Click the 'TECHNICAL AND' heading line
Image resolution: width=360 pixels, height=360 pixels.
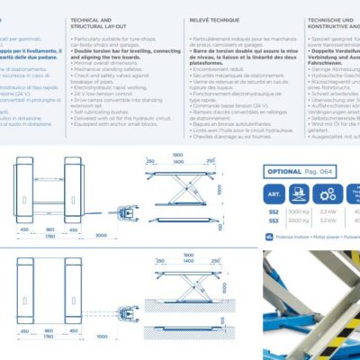pyautogui.click(x=92, y=19)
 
